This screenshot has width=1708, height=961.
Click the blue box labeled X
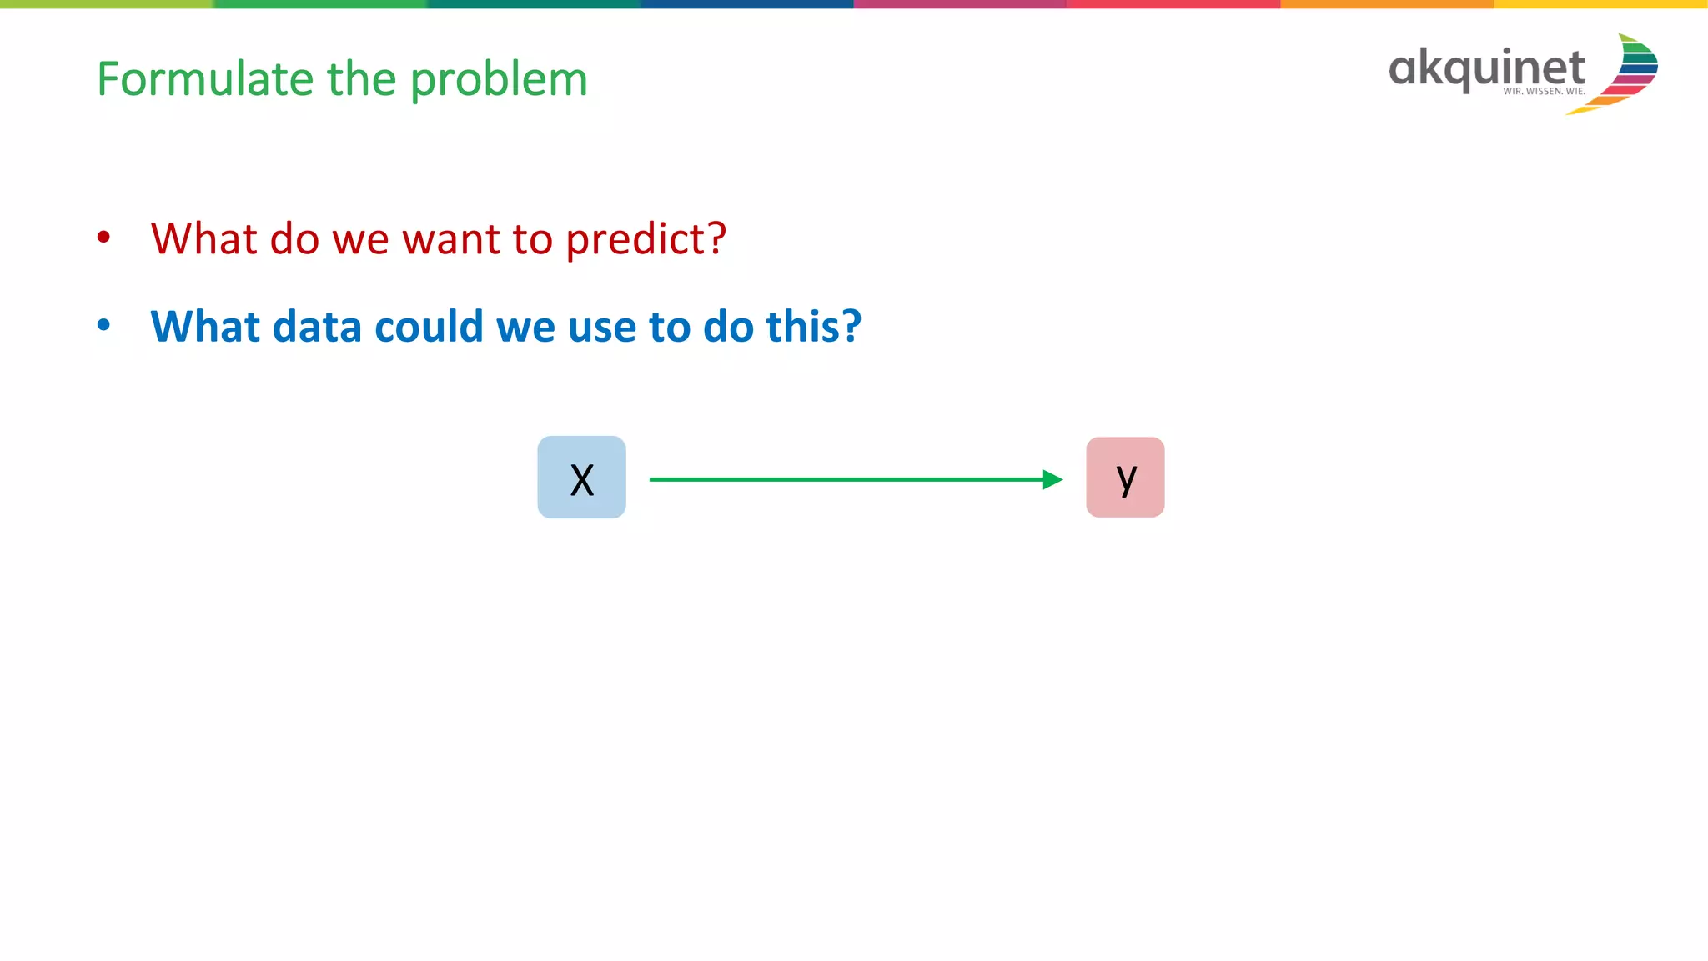point(581,478)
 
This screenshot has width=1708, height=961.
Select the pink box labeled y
point(1125,478)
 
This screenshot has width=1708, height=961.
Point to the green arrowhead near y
point(1052,479)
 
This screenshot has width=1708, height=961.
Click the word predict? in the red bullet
point(646,240)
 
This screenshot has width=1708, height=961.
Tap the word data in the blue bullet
point(317,326)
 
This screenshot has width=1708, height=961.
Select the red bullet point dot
point(103,238)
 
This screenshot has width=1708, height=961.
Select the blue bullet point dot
point(103,325)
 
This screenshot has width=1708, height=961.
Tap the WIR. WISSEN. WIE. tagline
point(1544,92)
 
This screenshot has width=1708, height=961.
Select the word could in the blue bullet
point(429,326)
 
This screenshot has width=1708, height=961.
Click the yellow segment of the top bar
point(1600,4)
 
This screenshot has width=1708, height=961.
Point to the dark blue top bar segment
point(746,4)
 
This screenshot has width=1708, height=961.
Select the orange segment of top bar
point(1386,4)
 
